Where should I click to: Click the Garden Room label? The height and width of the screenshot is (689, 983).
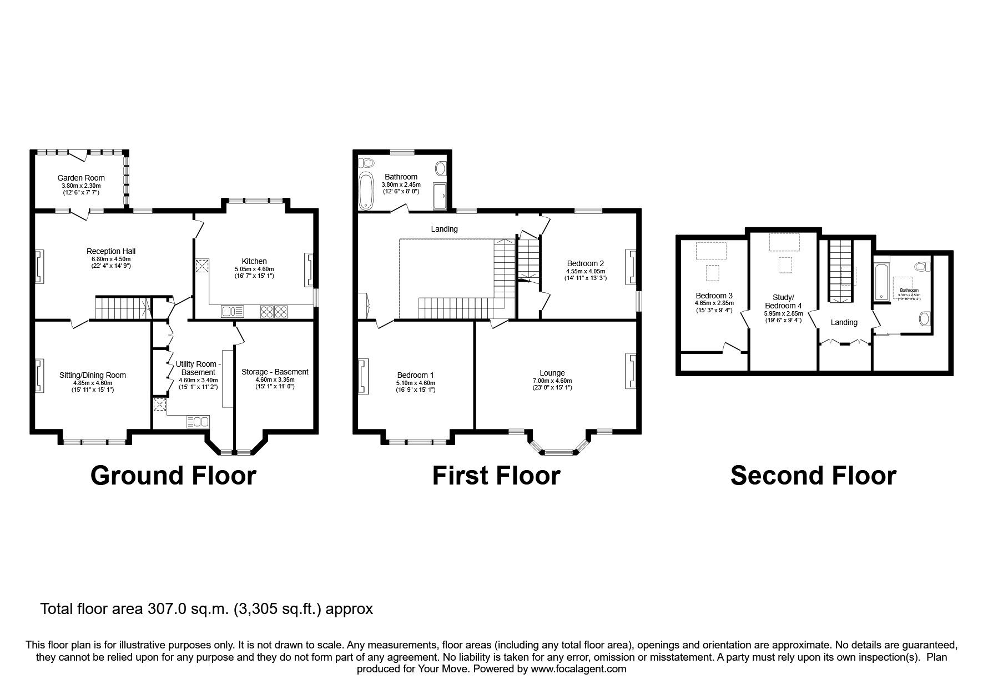click(81, 178)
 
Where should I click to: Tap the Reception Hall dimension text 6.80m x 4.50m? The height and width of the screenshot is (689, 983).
click(110, 258)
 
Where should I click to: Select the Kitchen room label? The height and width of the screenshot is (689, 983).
click(254, 261)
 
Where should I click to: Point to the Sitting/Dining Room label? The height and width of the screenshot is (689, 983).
click(93, 375)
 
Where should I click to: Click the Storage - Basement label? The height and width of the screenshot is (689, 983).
click(275, 372)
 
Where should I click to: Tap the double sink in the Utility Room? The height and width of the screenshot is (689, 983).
click(198, 422)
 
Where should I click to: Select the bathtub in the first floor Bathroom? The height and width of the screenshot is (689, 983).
click(367, 190)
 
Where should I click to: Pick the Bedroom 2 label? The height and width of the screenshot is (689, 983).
click(585, 263)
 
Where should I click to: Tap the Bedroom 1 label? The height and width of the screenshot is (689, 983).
click(416, 375)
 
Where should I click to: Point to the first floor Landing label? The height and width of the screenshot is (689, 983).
click(444, 229)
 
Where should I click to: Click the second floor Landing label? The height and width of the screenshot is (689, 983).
click(844, 322)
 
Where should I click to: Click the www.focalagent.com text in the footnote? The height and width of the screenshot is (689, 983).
click(578, 669)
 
